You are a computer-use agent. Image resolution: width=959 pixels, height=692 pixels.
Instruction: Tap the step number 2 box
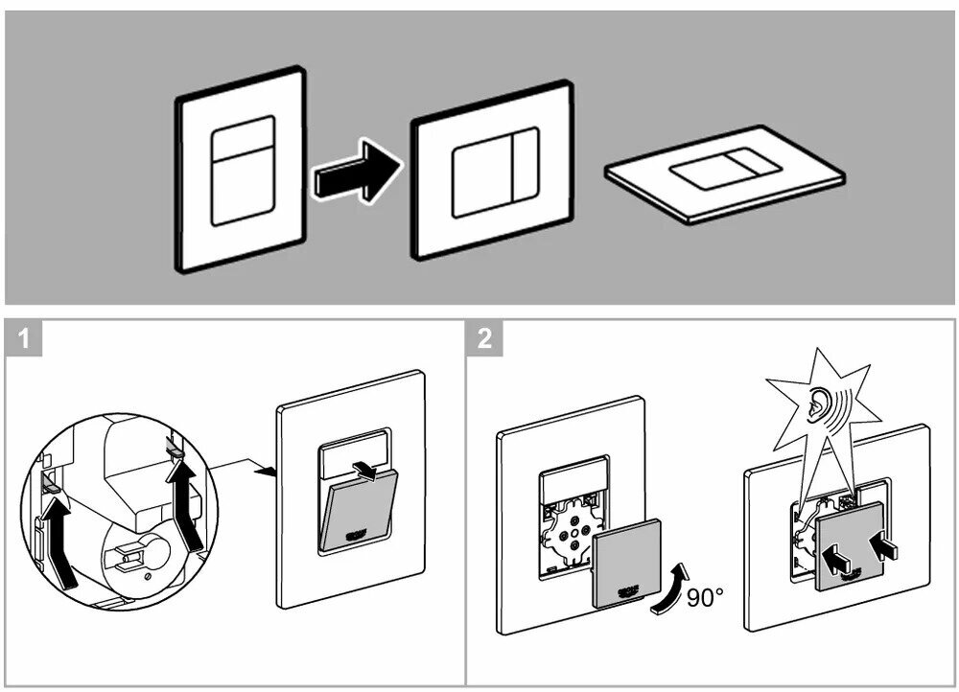pos(486,339)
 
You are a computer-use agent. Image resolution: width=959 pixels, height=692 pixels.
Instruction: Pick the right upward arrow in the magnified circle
pos(185,498)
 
